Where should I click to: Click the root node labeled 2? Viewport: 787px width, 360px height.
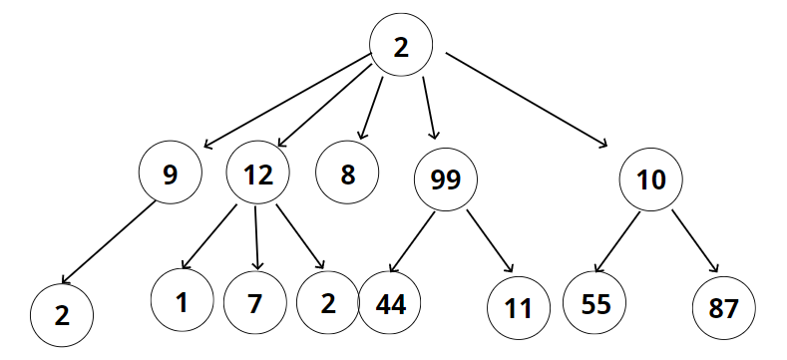pyautogui.click(x=401, y=45)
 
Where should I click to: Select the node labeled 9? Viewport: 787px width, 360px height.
pyautogui.click(x=171, y=173)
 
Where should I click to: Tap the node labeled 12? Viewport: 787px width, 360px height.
pyautogui.click(x=257, y=173)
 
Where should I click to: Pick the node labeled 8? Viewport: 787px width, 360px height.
pyautogui.click(x=347, y=173)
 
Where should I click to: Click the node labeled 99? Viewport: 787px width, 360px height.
pyautogui.click(x=446, y=180)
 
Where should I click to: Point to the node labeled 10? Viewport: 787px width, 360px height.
pyautogui.click(x=650, y=180)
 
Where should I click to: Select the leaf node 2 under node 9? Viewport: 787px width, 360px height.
pyautogui.click(x=62, y=315)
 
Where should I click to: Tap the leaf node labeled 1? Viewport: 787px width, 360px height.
pyautogui.click(x=183, y=300)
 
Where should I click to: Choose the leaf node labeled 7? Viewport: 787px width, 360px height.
pyautogui.click(x=255, y=303)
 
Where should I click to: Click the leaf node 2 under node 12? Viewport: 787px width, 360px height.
pyautogui.click(x=328, y=303)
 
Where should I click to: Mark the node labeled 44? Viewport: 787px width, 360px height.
pyautogui.click(x=390, y=303)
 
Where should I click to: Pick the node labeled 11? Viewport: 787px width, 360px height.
pyautogui.click(x=519, y=308)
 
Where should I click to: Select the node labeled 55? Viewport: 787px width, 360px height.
pyautogui.click(x=594, y=303)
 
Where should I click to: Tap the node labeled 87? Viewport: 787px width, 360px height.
pyautogui.click(x=723, y=308)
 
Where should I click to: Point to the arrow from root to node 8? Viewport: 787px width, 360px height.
pyautogui.click(x=370, y=108)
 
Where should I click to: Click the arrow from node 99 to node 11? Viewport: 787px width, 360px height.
pyautogui.click(x=490, y=241)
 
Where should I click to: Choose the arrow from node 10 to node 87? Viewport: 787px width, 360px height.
pyautogui.click(x=695, y=241)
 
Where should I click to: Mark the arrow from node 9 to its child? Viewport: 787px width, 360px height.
pyautogui.click(x=108, y=242)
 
